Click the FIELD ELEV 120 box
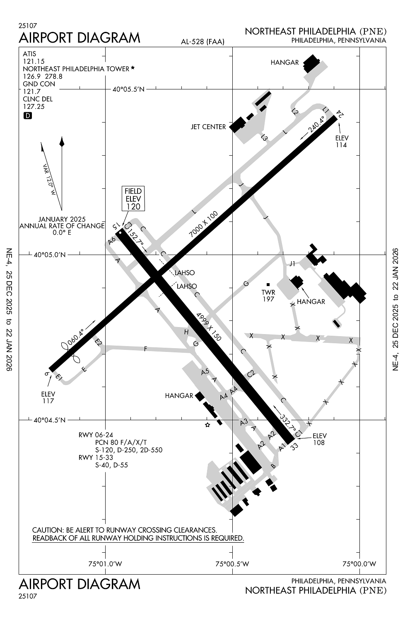coord(133,198)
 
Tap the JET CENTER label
coord(208,127)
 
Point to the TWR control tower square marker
coord(268,284)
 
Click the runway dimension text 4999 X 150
coord(209,327)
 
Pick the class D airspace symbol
coord(27,116)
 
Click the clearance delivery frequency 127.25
coord(34,106)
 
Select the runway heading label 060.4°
coord(76,336)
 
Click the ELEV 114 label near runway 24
coord(342,142)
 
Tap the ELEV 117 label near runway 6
coord(48,397)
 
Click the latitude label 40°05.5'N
coord(129,89)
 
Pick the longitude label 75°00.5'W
coord(233,563)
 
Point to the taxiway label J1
coord(292,263)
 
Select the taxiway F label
coord(145,349)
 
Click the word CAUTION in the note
coord(47,530)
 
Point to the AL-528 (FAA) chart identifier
coord(202,41)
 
